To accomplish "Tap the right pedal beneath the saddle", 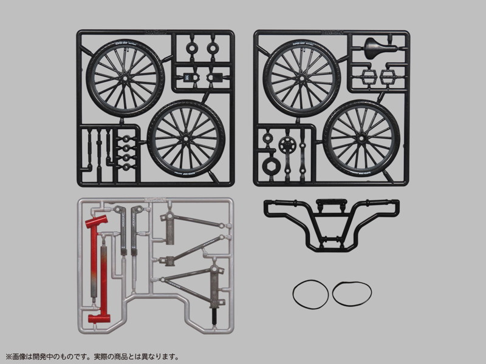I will [389, 78].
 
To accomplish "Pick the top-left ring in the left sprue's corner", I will [194, 46].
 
